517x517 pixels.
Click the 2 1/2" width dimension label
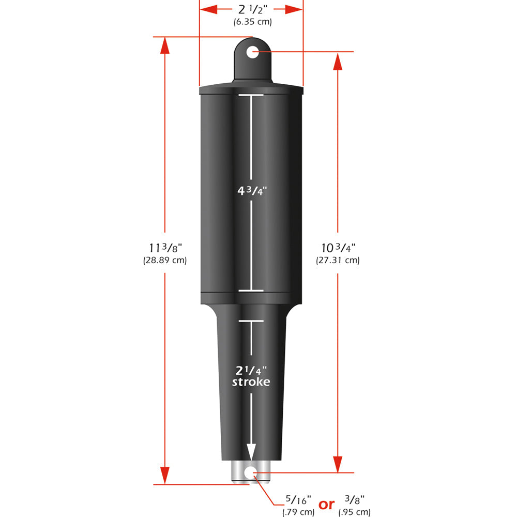pos(251,9)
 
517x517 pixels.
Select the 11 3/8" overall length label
pos(164,248)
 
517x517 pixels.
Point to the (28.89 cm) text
pos(164,260)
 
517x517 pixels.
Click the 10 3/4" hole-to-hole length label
pos(338,248)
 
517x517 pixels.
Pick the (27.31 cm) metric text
pos(338,260)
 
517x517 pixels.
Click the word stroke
pos(251,382)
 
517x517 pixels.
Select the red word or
pos(326,504)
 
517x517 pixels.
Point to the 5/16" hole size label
pos(298,500)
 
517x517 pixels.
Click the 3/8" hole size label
pos(354,500)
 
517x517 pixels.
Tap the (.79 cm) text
pos(298,512)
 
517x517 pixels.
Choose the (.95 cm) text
pos(354,512)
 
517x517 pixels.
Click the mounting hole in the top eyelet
pos(252,52)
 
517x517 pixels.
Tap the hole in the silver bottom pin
pos(251,472)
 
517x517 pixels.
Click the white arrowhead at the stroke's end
pos(251,452)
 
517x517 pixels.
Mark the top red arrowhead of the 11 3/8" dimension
pos(164,45)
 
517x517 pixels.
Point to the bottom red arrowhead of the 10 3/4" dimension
pos(338,463)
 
